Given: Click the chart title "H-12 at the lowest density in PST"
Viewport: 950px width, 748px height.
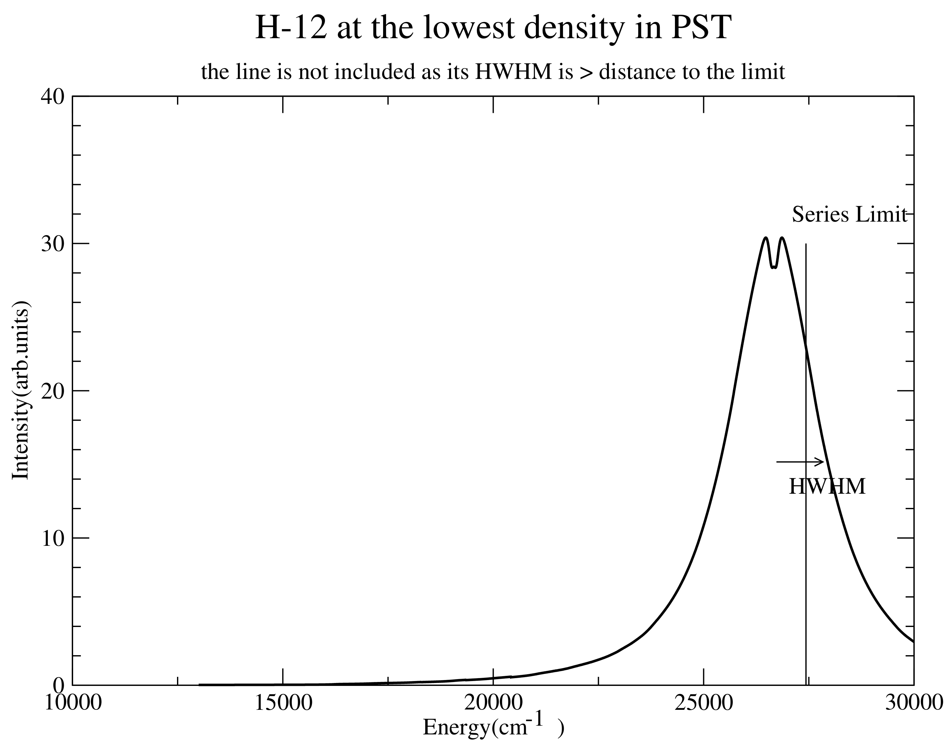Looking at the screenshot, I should [x=493, y=27].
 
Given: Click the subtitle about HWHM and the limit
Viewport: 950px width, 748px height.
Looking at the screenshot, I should [x=493, y=71].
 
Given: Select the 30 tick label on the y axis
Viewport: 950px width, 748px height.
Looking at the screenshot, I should [x=52, y=244].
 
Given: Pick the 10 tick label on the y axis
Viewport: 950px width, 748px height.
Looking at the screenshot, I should [x=52, y=538].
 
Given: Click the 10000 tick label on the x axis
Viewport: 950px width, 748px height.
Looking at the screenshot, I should [x=73, y=703].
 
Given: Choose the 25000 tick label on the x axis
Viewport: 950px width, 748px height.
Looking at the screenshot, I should [x=704, y=703].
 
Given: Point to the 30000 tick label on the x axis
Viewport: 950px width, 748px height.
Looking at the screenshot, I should [x=914, y=703].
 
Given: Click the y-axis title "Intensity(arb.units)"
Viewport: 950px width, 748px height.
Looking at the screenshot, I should [x=20, y=390].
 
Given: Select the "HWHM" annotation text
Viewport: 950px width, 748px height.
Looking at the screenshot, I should [x=827, y=487].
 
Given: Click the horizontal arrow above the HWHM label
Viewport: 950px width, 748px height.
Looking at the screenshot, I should [x=800, y=462].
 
